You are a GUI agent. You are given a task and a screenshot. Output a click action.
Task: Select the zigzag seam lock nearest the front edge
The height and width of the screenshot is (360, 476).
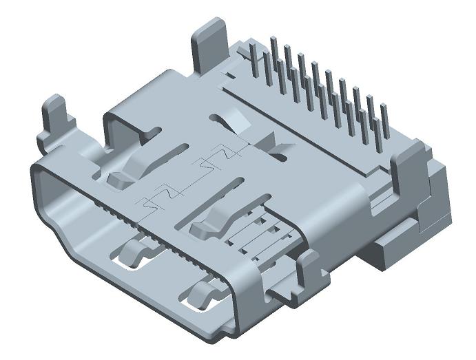(x=156, y=200)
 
